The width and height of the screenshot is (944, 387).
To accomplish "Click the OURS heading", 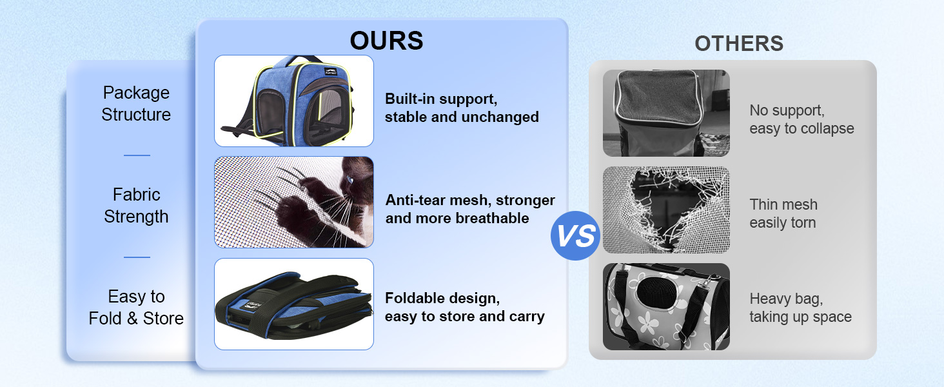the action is (386, 41).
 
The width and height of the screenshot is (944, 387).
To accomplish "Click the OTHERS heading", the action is (739, 43).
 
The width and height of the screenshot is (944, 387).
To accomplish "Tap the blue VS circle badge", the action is (575, 235).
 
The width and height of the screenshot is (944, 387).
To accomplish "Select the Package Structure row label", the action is (136, 104).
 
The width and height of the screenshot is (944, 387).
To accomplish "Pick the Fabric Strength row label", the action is (136, 205).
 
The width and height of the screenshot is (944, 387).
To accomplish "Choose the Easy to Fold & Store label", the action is (136, 307).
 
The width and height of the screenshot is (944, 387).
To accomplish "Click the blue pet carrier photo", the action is (294, 101).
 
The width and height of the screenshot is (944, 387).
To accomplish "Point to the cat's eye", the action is (349, 180).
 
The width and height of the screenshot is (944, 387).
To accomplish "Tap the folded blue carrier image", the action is (294, 304).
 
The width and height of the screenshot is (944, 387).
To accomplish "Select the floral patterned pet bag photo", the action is (666, 306).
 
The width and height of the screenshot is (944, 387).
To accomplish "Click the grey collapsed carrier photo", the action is (666, 113).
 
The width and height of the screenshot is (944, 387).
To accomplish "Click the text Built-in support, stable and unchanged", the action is (462, 108).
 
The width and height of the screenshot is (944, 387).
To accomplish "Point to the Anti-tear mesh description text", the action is (470, 209).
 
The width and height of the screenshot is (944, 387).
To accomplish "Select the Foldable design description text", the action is (465, 307).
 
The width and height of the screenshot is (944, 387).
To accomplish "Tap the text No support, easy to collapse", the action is (801, 119).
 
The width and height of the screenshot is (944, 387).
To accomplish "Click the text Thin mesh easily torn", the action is (783, 213).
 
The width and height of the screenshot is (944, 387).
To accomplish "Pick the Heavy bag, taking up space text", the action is (800, 308).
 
